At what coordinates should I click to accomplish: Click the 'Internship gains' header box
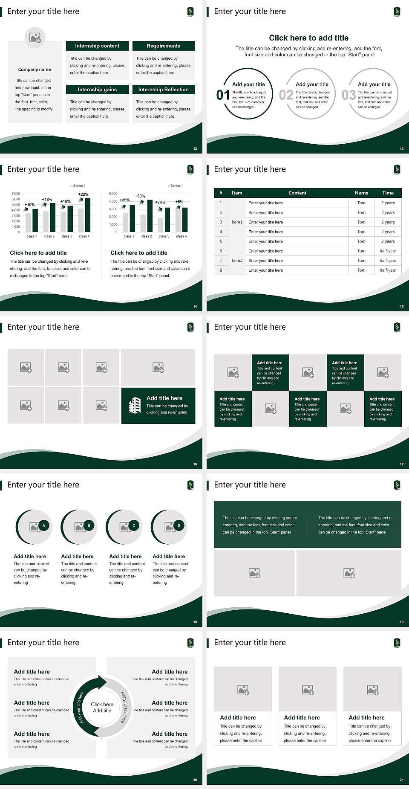[x=97, y=90]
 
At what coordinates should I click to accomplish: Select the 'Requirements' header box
[x=164, y=46]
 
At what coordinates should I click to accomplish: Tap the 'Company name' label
[x=35, y=70]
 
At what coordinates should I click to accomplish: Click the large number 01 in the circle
[x=223, y=95]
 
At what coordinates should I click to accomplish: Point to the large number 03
[x=349, y=95]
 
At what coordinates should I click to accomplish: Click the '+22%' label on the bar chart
[x=84, y=194]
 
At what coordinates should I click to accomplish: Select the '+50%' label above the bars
[x=140, y=196]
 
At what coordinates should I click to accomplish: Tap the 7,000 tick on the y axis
[x=16, y=194]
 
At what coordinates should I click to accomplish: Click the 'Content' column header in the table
[x=297, y=193]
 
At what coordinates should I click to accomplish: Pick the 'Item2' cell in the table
[x=237, y=261]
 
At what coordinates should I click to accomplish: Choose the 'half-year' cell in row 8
[x=388, y=270]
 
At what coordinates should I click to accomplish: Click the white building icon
[x=135, y=405]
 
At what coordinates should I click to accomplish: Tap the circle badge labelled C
[x=134, y=525]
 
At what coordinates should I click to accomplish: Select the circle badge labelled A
[x=43, y=525]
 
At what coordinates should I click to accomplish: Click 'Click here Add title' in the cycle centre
[x=102, y=707]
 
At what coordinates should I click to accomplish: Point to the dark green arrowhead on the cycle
[x=102, y=682]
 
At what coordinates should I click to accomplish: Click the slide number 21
[x=401, y=780]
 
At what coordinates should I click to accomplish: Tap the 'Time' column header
[x=388, y=193]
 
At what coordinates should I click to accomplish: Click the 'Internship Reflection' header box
[x=164, y=90]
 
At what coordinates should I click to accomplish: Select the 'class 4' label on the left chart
[x=84, y=236]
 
